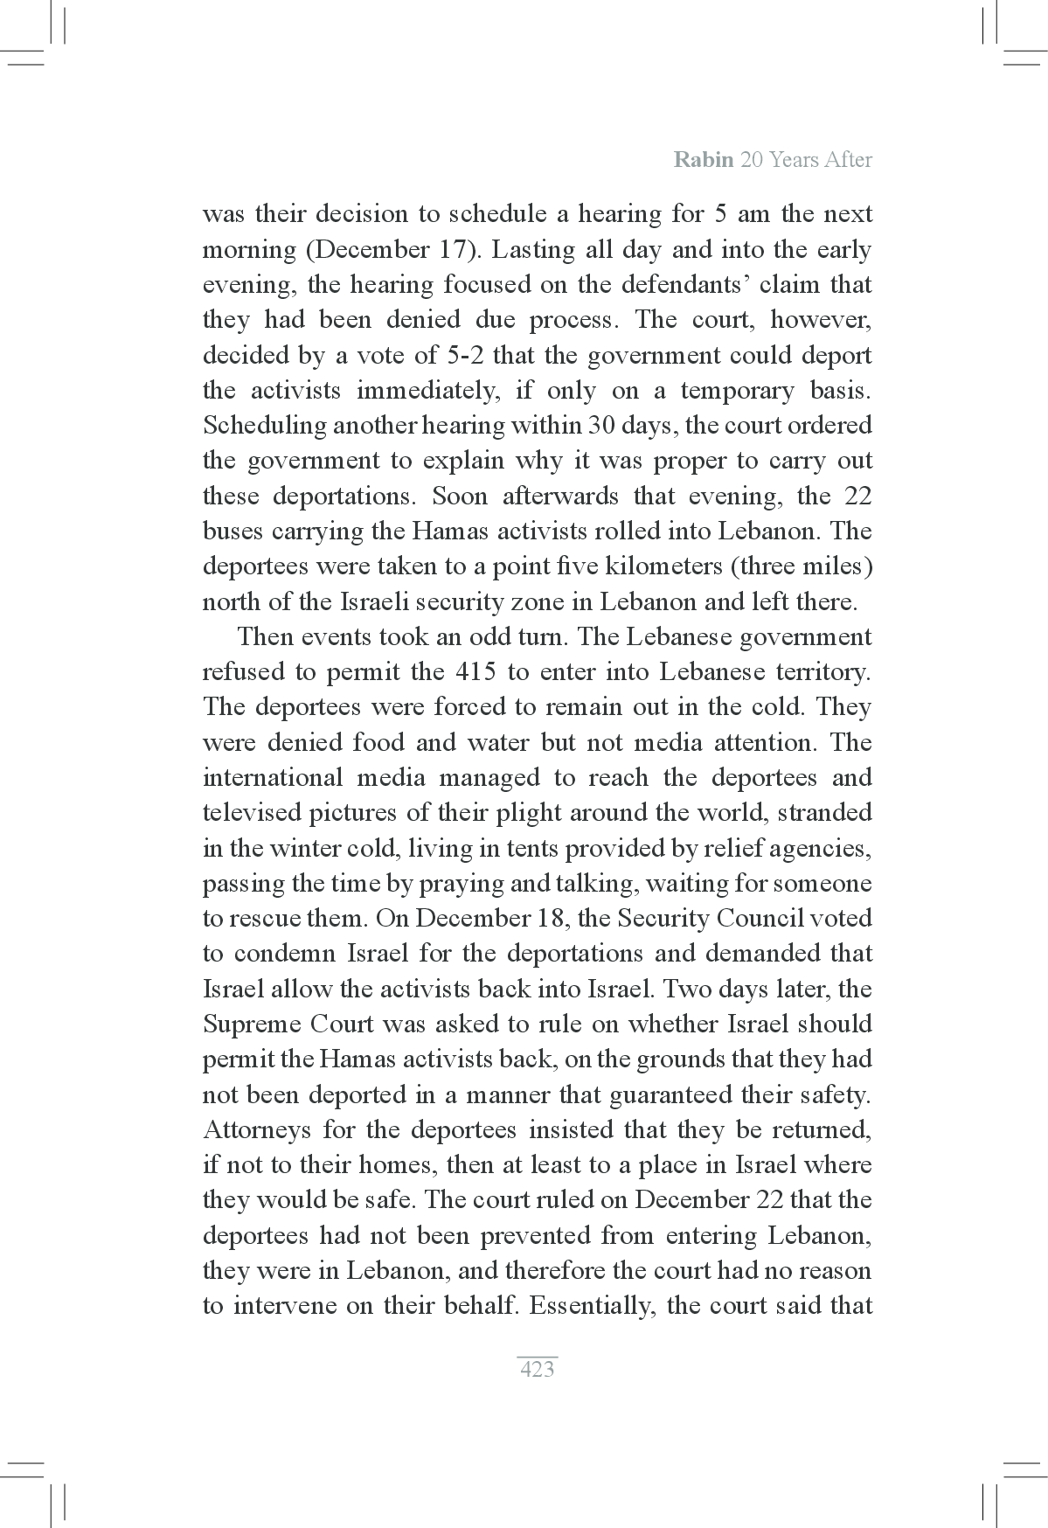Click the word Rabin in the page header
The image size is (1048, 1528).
(x=704, y=160)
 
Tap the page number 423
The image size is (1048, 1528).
(x=537, y=1369)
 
